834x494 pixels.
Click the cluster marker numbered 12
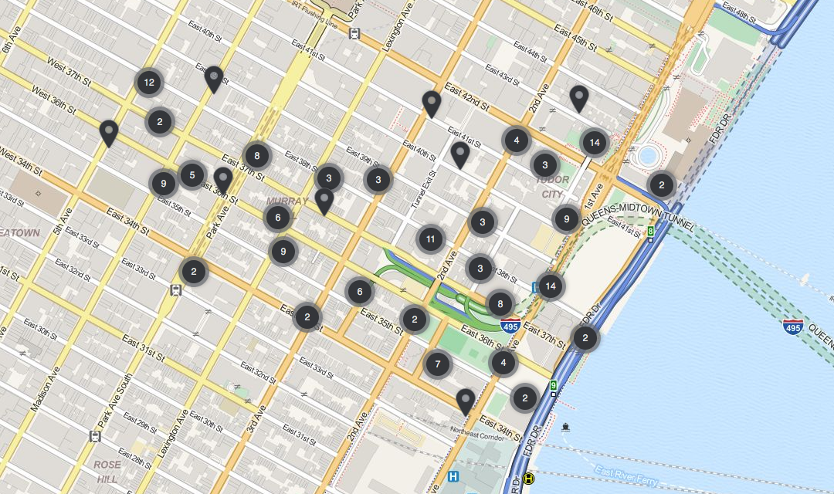click(149, 83)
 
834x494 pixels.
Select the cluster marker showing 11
click(430, 239)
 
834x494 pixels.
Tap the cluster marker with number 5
click(192, 175)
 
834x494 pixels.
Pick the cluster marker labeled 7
click(437, 364)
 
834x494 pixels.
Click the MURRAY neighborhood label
click(287, 201)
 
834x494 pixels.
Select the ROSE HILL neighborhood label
click(107, 472)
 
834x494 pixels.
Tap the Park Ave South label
click(116, 402)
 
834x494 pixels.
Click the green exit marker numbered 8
click(651, 231)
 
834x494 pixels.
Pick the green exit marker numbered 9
click(553, 385)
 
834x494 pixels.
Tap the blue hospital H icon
click(453, 477)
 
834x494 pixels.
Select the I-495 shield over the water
click(792, 327)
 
